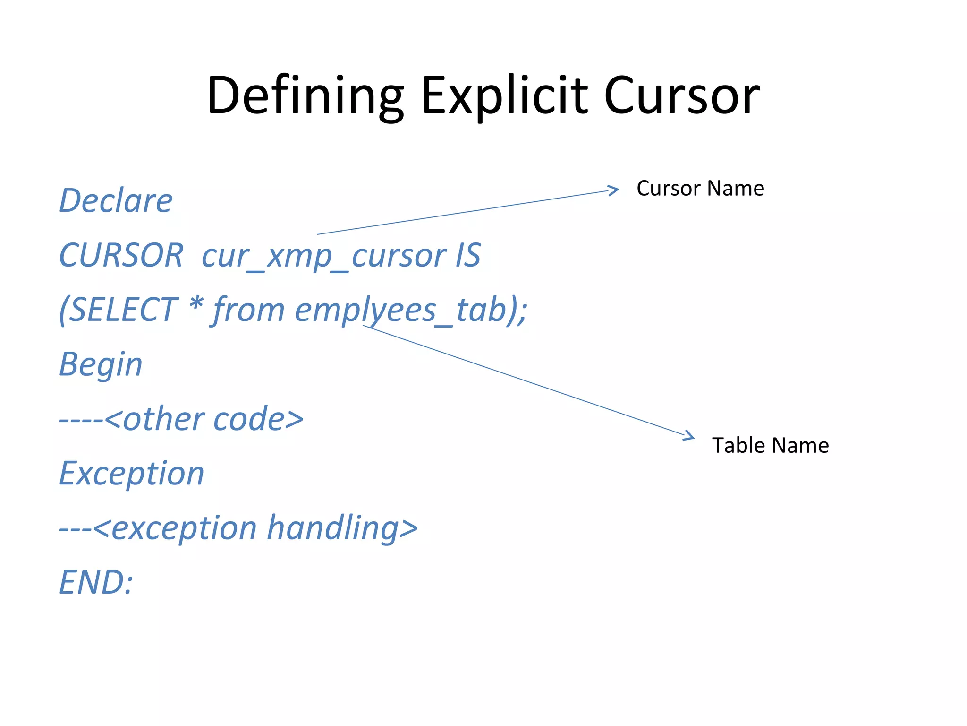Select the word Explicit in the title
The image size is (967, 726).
click(504, 95)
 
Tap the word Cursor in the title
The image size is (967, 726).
click(682, 95)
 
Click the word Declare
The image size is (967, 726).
click(116, 201)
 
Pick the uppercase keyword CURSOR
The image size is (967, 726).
click(121, 255)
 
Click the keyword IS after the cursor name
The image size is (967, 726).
click(467, 255)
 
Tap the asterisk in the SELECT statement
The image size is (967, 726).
click(196, 305)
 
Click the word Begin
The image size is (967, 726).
click(101, 365)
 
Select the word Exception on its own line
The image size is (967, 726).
click(131, 474)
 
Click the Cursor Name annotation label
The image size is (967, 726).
click(700, 188)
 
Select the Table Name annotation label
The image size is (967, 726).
click(770, 445)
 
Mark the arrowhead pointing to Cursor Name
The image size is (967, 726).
click(614, 190)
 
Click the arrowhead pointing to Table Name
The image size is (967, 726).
click(690, 436)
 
